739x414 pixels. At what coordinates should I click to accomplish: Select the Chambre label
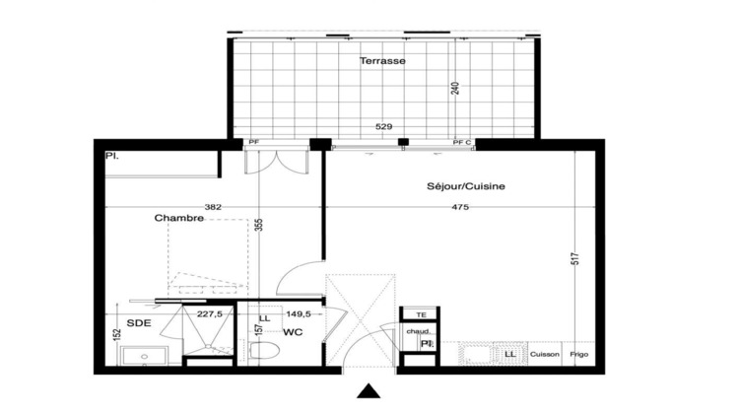(178, 218)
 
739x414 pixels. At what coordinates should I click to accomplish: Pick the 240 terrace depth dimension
(454, 88)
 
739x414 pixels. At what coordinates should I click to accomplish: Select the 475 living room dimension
(460, 207)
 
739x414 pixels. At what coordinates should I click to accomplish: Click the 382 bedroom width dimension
(212, 207)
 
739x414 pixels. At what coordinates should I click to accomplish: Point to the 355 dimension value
(259, 224)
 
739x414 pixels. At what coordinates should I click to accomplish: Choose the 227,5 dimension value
(208, 314)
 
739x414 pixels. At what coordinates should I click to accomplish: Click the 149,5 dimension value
(298, 314)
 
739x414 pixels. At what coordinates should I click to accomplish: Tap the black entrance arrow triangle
(369, 391)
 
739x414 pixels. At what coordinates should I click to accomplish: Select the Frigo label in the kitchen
(582, 354)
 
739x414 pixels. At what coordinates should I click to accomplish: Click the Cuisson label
(545, 354)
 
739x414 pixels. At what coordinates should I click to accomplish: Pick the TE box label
(421, 314)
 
